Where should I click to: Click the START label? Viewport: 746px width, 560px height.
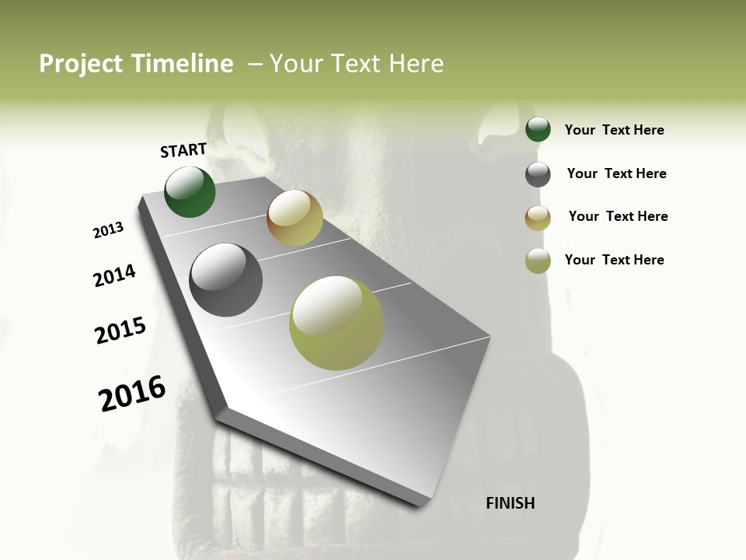[183, 150]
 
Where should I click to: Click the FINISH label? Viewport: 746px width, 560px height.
[510, 503]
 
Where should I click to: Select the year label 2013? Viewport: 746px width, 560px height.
[108, 230]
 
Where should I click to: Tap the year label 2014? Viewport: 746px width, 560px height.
[114, 275]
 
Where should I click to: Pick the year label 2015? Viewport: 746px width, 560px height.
[120, 331]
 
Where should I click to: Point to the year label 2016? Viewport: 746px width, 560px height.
[132, 394]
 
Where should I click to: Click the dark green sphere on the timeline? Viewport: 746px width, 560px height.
[190, 191]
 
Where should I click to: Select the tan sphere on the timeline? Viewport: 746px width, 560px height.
[295, 218]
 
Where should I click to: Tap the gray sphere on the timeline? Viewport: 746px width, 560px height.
[225, 280]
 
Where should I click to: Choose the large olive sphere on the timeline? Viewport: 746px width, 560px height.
[336, 323]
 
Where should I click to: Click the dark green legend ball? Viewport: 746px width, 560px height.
[538, 129]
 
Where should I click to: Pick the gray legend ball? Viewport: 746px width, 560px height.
[538, 174]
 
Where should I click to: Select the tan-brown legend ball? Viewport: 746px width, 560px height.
[538, 218]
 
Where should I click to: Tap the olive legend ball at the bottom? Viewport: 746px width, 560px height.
[538, 261]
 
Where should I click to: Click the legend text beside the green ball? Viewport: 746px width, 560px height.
[614, 130]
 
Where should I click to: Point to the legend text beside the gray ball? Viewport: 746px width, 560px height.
[616, 173]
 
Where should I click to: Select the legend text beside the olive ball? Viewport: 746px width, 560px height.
[614, 260]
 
